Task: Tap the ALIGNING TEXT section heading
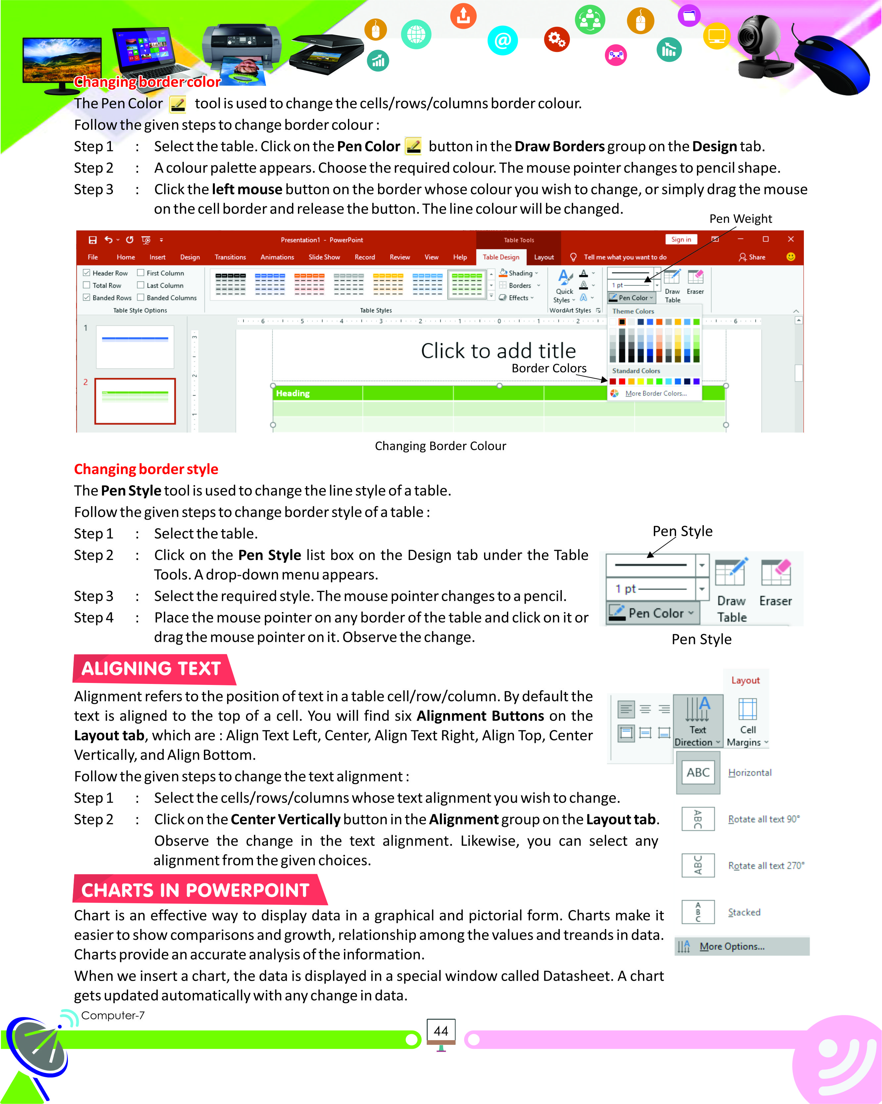(151, 669)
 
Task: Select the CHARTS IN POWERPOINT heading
(195, 890)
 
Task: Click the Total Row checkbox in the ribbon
(87, 285)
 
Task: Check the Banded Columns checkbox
(140, 298)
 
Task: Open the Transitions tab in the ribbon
(230, 257)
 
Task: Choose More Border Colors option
(656, 393)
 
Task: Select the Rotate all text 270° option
(766, 866)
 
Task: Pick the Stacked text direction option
(744, 912)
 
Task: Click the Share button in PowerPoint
(752, 257)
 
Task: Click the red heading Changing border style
(146, 469)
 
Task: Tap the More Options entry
(732, 946)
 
